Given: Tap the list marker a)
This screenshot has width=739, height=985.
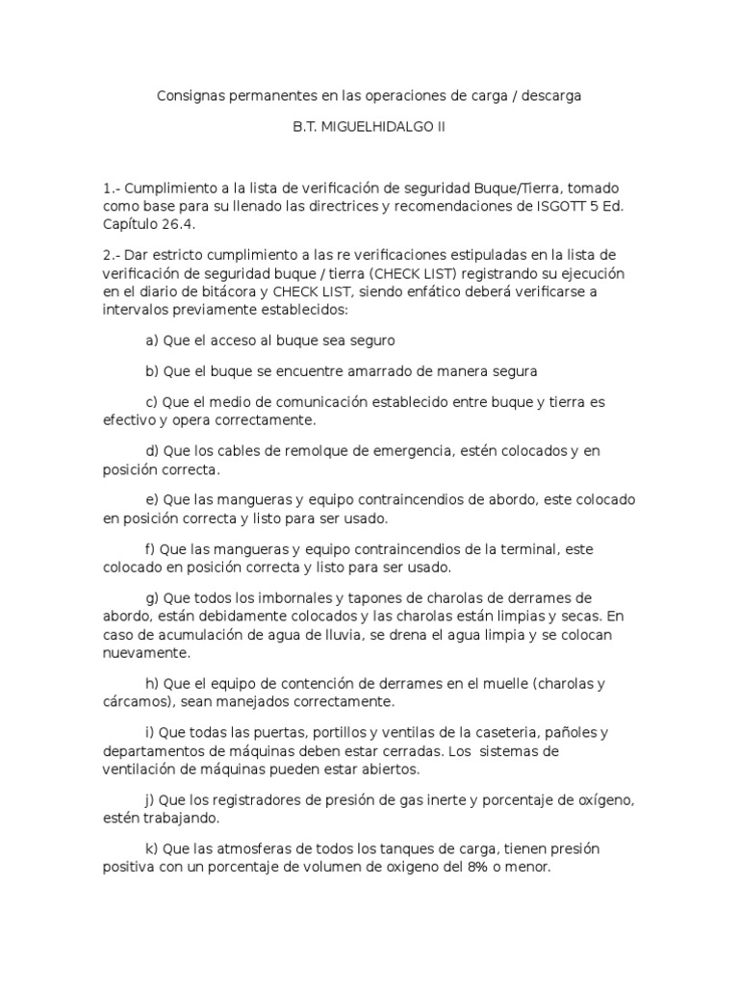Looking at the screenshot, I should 152,341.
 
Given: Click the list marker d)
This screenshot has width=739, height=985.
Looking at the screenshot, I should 152,450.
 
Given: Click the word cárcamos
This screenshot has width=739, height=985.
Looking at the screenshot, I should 136,701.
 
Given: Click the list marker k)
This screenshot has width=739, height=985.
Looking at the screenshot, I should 152,849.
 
